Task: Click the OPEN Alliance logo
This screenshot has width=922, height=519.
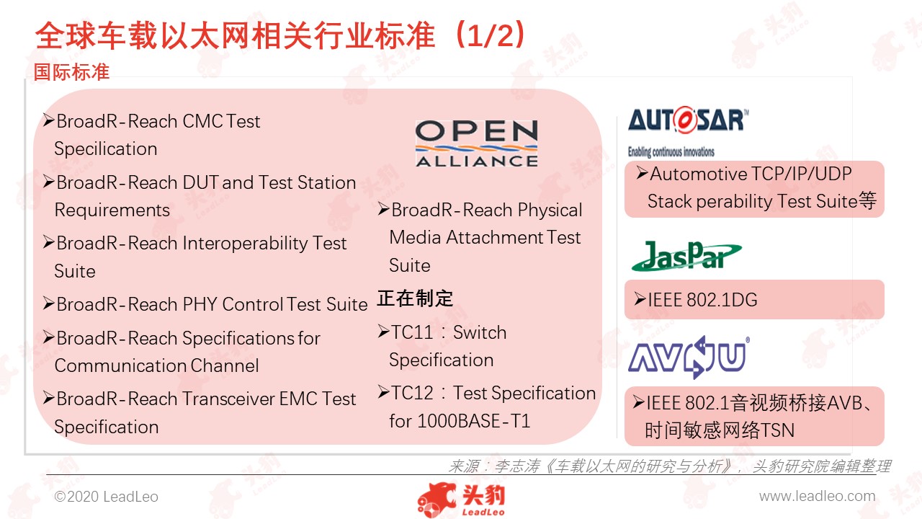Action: coord(477,143)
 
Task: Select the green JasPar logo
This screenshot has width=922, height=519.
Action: coord(686,256)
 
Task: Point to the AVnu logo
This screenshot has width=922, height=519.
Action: coord(689,357)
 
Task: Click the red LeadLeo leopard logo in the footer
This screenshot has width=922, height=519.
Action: coord(461,500)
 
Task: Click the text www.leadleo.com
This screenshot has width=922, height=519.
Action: coord(817,497)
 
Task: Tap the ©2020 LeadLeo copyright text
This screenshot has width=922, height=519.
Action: coord(106,497)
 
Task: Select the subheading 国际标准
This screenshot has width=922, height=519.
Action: coord(71,71)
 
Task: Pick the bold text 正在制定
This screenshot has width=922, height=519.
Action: coord(415,298)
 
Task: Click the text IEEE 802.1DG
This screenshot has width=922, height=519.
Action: coord(702,299)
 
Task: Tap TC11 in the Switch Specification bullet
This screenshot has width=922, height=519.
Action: coord(412,332)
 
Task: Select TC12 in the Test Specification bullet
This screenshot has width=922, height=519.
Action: coord(412,393)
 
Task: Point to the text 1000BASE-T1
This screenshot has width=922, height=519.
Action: coord(474,421)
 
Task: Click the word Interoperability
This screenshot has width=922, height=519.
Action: coord(244,244)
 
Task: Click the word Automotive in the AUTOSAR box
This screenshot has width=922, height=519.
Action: coord(698,174)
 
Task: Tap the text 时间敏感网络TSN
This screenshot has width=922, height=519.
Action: coord(720,430)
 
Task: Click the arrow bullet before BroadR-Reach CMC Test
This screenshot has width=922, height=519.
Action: coord(48,120)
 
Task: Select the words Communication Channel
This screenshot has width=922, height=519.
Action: coord(156,365)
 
